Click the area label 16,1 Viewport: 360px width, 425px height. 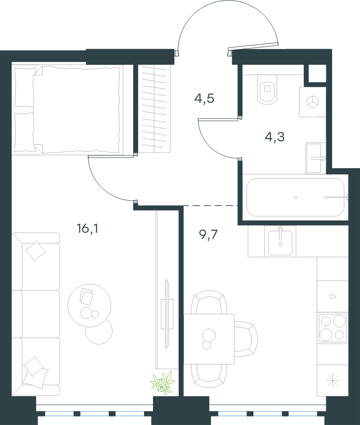[87, 228]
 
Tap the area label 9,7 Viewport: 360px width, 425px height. [208, 234]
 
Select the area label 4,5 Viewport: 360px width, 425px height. [204, 98]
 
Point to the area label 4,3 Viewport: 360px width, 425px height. [274, 137]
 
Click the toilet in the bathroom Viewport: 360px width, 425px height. [267, 89]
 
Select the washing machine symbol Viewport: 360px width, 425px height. [312, 102]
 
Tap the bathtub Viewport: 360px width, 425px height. [296, 197]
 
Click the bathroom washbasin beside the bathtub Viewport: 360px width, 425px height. [315, 158]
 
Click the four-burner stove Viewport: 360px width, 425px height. [333, 328]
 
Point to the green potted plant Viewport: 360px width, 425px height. [163, 382]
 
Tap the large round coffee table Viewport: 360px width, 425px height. [90, 305]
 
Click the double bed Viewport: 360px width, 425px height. [67, 110]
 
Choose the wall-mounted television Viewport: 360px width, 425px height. [167, 314]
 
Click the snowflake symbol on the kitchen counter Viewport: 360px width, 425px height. [333, 381]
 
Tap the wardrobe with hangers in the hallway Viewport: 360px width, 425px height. [154, 108]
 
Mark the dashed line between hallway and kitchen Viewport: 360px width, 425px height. [211, 206]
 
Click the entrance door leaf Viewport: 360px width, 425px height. [253, 47]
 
